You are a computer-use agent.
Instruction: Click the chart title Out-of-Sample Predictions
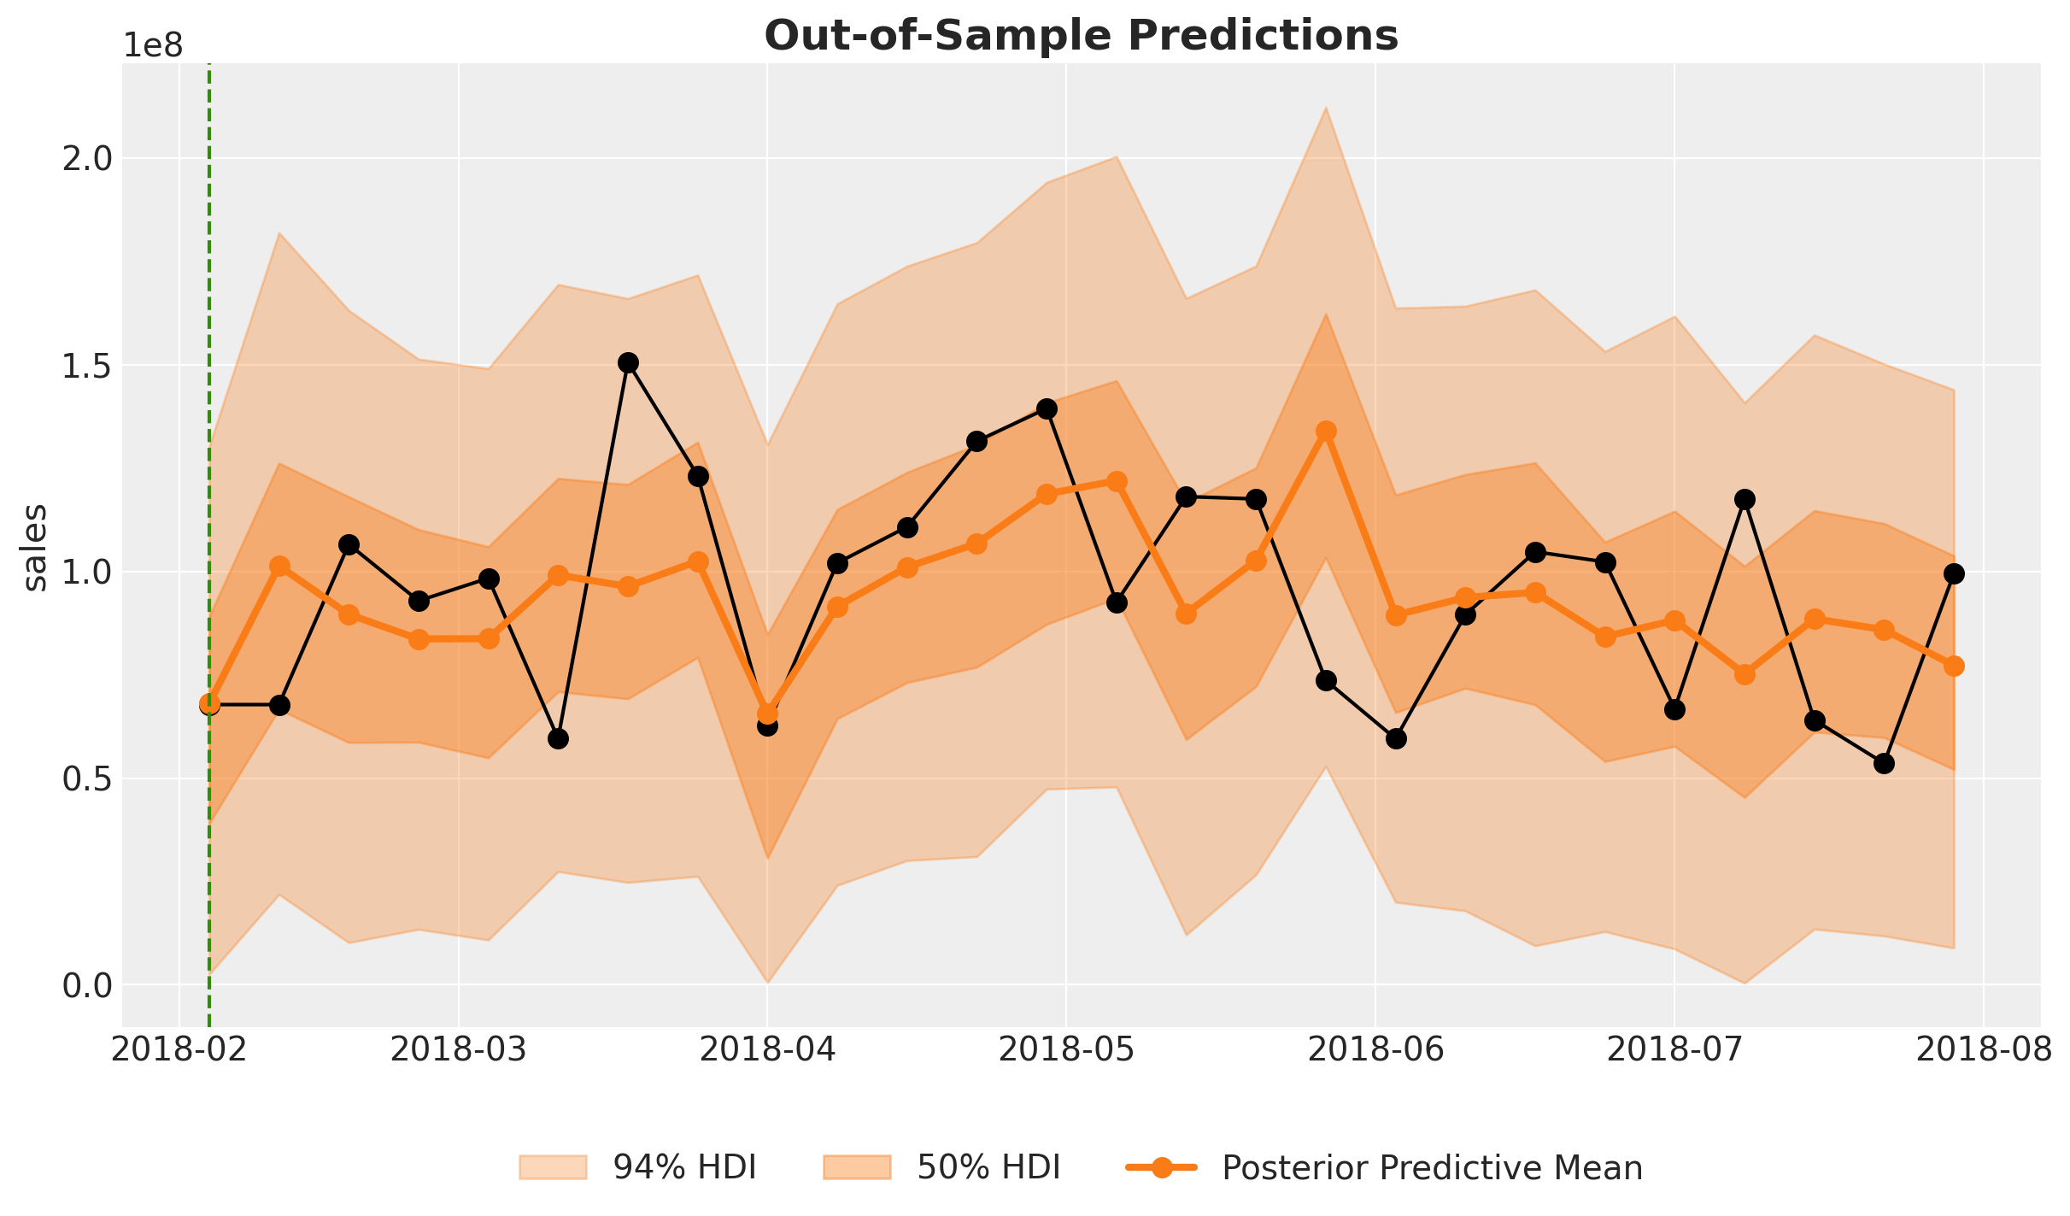pyautogui.click(x=1081, y=36)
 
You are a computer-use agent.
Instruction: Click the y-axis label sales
pyautogui.click(x=35, y=547)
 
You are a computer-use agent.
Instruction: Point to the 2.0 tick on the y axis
pyautogui.click(x=87, y=159)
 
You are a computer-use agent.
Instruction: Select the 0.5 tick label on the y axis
pyautogui.click(x=87, y=779)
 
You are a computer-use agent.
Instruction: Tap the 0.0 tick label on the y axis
pyautogui.click(x=87, y=986)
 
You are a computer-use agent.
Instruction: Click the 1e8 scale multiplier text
pyautogui.click(x=153, y=46)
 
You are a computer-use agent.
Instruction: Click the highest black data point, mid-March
pyautogui.click(x=628, y=362)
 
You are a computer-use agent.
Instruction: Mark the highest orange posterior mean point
pyautogui.click(x=1326, y=431)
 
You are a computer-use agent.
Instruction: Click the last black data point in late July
pyautogui.click(x=1954, y=573)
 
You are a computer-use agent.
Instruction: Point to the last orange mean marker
pyautogui.click(x=1954, y=666)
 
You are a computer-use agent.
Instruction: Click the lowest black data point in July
pyautogui.click(x=1884, y=763)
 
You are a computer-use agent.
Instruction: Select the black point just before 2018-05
pyautogui.click(x=1047, y=408)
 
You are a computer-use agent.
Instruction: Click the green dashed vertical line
pyautogui.click(x=209, y=427)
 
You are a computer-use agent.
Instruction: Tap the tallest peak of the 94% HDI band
pyautogui.click(x=1326, y=108)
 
